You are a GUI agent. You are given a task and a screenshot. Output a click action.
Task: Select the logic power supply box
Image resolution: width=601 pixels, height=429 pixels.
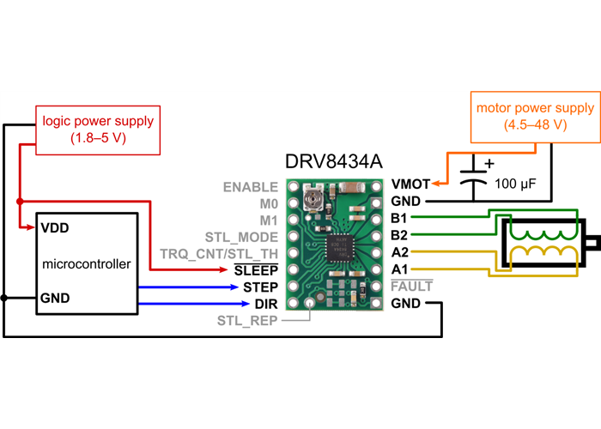86,129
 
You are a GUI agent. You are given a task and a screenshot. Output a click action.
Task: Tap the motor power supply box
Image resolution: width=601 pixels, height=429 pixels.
535,117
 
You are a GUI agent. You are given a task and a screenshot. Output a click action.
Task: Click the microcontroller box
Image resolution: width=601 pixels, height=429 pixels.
86,263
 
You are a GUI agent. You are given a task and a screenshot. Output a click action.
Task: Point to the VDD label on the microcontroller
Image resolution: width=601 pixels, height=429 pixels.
54,228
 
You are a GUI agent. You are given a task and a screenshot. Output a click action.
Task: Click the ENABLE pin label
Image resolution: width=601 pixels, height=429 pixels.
250,186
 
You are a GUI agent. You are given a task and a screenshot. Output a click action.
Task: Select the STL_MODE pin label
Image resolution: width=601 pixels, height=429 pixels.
241,236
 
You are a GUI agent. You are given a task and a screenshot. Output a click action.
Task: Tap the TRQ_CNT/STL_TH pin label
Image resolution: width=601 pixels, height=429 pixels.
219,253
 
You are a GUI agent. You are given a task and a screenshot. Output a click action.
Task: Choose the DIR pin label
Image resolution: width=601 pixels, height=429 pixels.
265,304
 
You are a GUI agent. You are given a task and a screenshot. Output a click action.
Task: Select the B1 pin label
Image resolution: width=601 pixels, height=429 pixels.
398,218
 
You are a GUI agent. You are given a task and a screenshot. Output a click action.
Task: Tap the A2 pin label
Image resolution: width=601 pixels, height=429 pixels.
398,252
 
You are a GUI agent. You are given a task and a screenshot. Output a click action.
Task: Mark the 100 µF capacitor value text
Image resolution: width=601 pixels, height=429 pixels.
514,184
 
